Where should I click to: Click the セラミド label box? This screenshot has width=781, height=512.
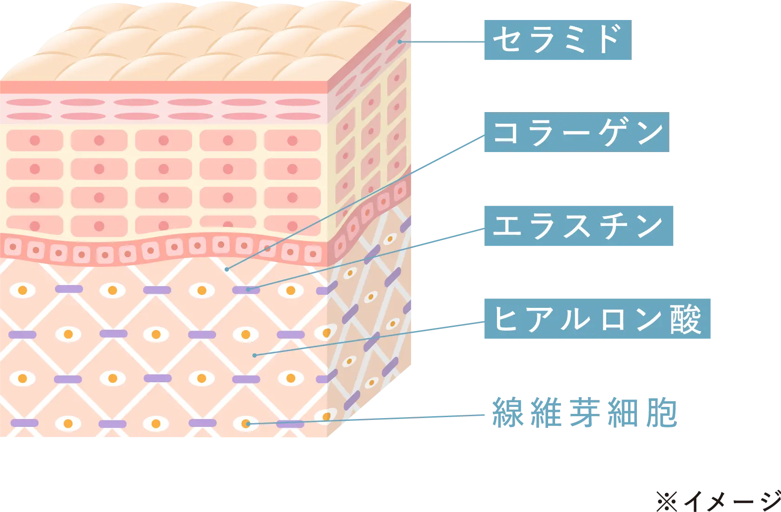(558, 40)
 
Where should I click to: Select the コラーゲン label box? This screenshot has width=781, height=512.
(576, 132)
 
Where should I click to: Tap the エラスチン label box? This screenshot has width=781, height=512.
(579, 226)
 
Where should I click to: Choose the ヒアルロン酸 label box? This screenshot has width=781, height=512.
(597, 319)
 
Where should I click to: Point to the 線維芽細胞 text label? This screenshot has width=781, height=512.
(585, 413)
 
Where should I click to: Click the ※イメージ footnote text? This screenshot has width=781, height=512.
(718, 501)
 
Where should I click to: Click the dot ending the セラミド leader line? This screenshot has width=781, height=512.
(400, 42)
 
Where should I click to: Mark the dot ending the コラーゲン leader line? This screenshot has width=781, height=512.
(227, 269)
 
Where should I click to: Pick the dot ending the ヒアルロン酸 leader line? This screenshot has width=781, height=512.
(255, 355)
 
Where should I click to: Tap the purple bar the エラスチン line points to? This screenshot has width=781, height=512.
(246, 290)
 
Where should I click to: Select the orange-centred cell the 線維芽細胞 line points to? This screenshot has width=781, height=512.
(246, 424)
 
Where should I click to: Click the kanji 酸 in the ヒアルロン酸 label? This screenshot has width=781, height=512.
(685, 319)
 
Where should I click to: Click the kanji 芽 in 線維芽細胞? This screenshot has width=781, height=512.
(585, 413)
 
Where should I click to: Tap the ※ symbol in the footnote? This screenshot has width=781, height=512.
(667, 501)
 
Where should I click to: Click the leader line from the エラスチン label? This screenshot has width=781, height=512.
(366, 259)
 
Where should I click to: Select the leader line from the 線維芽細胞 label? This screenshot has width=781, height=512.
(366, 419)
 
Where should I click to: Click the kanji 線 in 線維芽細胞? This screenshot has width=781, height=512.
(508, 413)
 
